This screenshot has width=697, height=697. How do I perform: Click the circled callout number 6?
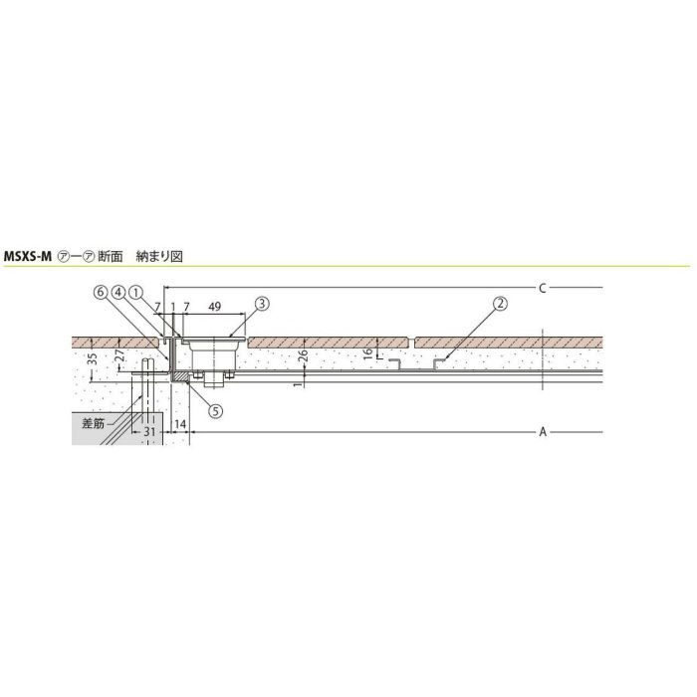click(102, 292)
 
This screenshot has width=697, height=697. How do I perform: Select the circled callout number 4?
click(118, 292)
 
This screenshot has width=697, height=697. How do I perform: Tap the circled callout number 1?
click(135, 292)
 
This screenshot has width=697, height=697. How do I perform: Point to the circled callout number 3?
click(262, 304)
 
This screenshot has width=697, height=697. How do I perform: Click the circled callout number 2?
click(501, 304)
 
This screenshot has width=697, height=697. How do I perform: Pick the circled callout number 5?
click(216, 411)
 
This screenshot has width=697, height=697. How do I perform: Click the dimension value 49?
click(215, 307)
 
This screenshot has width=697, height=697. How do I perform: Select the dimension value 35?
click(92, 359)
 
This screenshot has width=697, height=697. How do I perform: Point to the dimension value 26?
click(303, 355)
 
